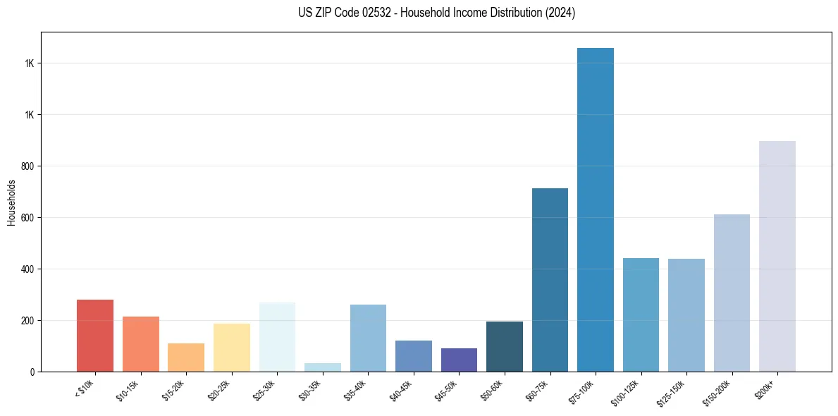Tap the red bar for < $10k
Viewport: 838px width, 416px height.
tap(95, 336)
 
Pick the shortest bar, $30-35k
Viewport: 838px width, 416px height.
tap(323, 367)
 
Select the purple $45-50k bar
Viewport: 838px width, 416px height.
tap(459, 360)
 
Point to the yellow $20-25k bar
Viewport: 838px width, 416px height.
tap(231, 348)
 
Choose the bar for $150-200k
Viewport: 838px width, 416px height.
tap(732, 293)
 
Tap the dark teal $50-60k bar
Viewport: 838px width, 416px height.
tap(504, 346)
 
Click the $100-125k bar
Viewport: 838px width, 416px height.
tap(641, 314)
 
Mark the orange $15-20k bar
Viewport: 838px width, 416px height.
tap(186, 357)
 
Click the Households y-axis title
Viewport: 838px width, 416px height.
tap(12, 202)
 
